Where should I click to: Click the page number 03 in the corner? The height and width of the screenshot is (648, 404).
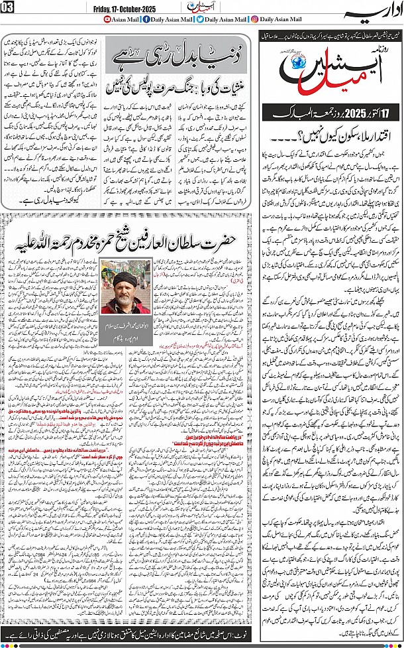pos(7,7)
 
